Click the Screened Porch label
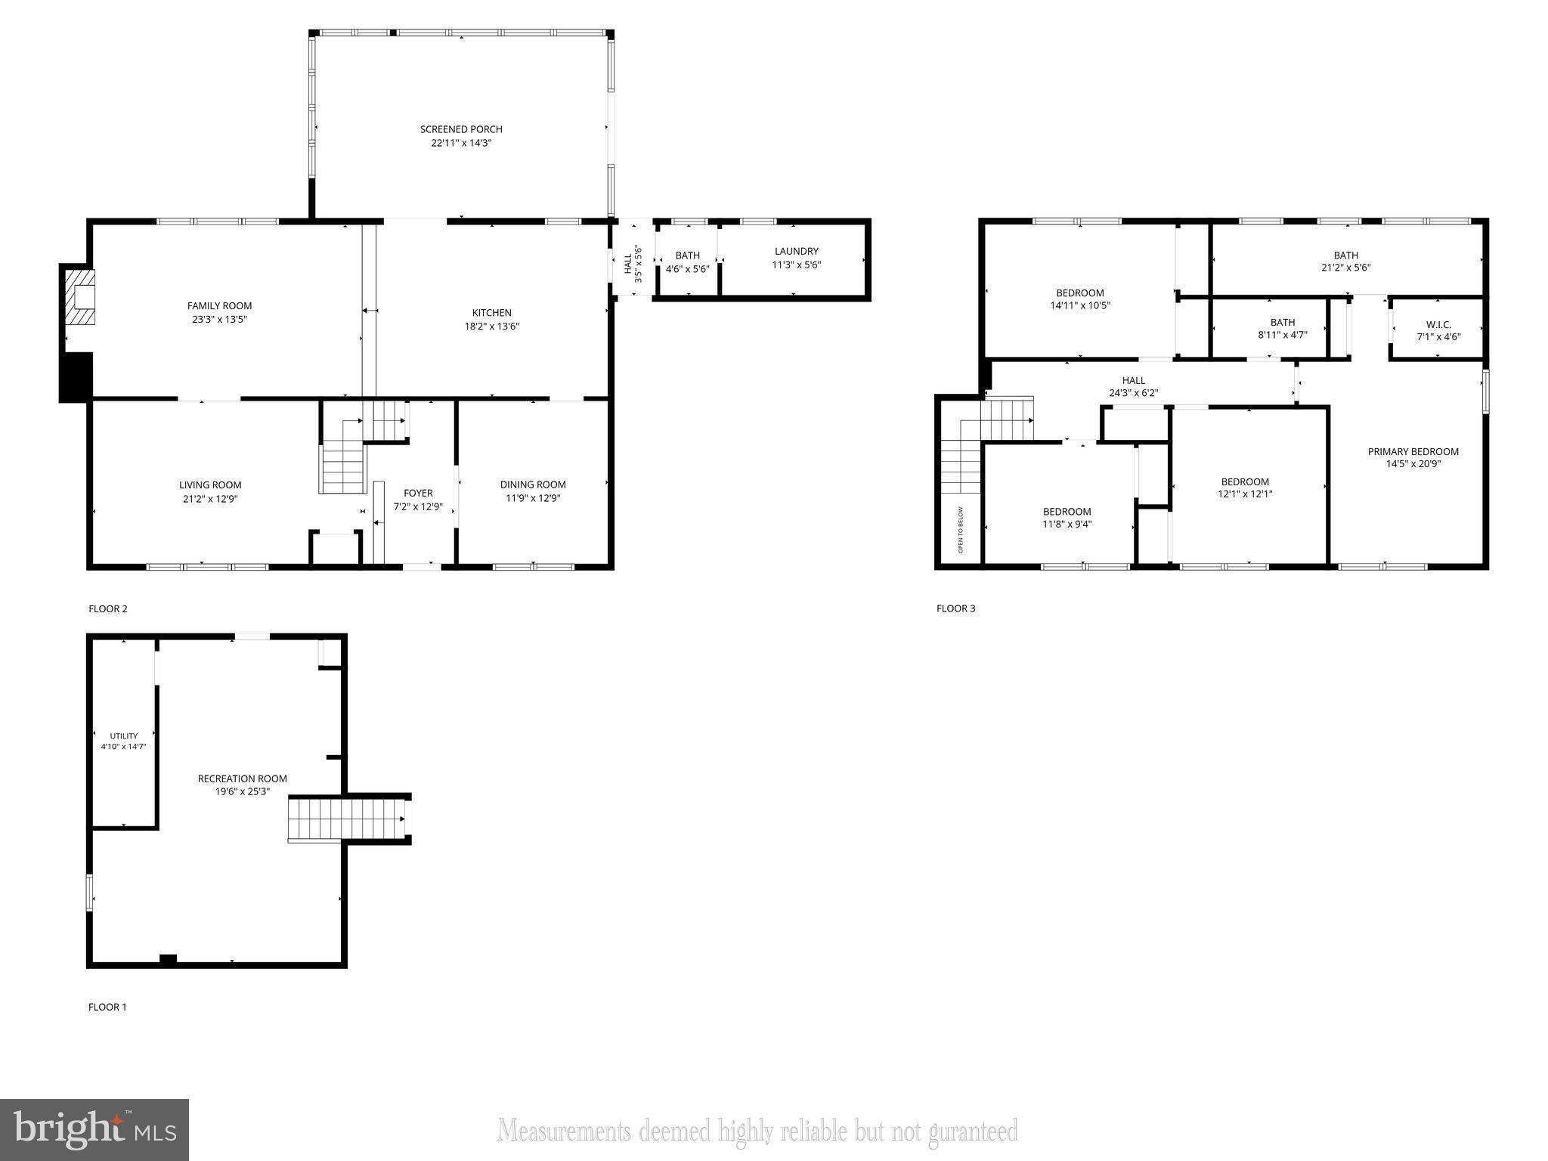coord(461,129)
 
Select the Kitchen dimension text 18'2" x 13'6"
coord(492,327)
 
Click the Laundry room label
coord(796,251)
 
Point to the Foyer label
coord(418,493)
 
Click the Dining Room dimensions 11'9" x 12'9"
coord(533,498)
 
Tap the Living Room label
coord(210,485)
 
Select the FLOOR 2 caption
coord(108,608)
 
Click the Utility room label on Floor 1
coord(124,735)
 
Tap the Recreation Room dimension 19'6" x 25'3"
coord(243,791)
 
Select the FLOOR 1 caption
coord(107,1007)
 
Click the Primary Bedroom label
coord(1413,451)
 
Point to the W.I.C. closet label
coord(1438,324)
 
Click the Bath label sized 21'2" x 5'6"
coord(1345,255)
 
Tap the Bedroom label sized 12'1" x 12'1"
coord(1245,481)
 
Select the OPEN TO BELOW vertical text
coord(961,530)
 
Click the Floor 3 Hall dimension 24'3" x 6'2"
coord(1133,393)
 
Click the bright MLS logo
coord(94,1129)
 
